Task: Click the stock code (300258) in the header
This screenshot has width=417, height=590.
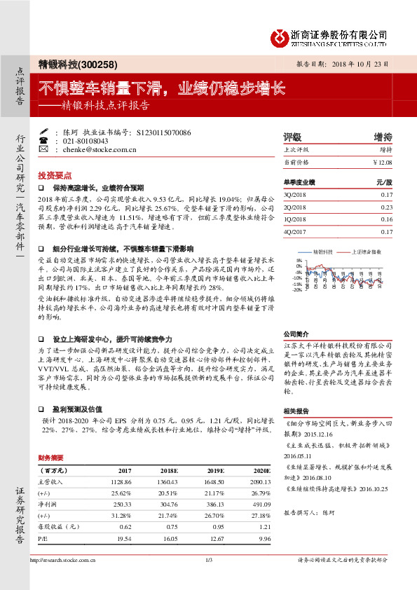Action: [x=98, y=64]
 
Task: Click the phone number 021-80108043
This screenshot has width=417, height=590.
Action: [x=88, y=140]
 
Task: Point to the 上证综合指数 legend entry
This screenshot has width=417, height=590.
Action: [x=362, y=249]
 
